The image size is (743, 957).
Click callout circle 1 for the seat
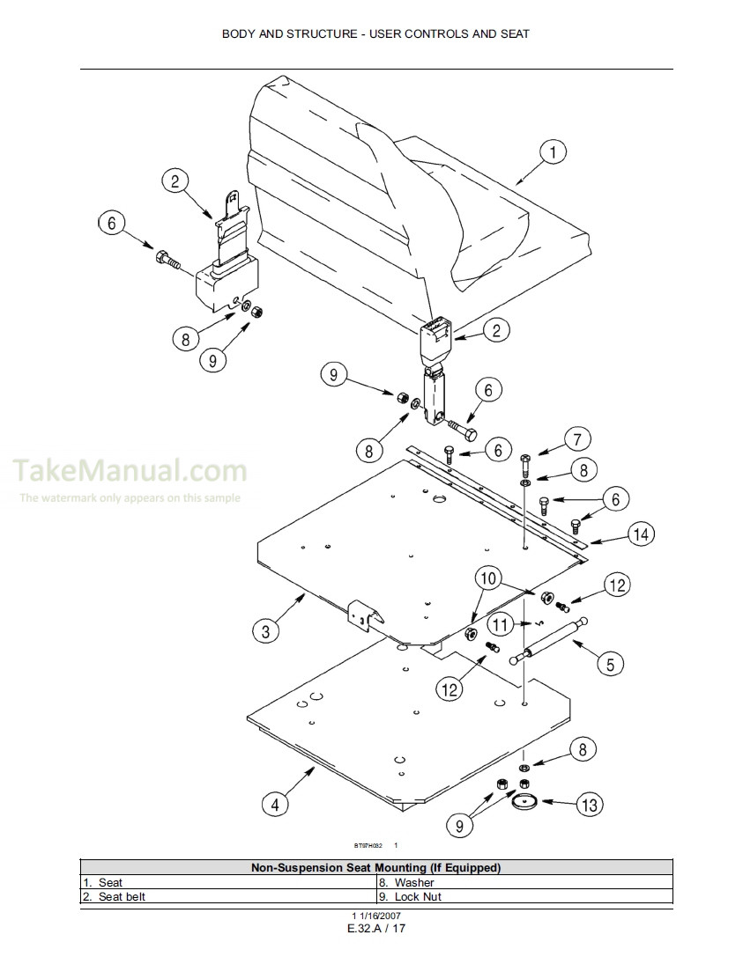[x=553, y=152]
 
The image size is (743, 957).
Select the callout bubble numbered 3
[x=265, y=630]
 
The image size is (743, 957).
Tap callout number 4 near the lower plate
[x=275, y=803]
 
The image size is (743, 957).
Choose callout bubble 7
[x=577, y=438]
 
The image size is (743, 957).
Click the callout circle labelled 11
[x=499, y=625]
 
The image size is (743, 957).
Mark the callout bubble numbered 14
[x=642, y=534]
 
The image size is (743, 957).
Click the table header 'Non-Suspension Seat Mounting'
[x=375, y=867]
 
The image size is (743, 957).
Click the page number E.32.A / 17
[x=375, y=929]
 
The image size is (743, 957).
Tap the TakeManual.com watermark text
[x=130, y=471]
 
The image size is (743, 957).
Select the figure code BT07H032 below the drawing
[x=368, y=844]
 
